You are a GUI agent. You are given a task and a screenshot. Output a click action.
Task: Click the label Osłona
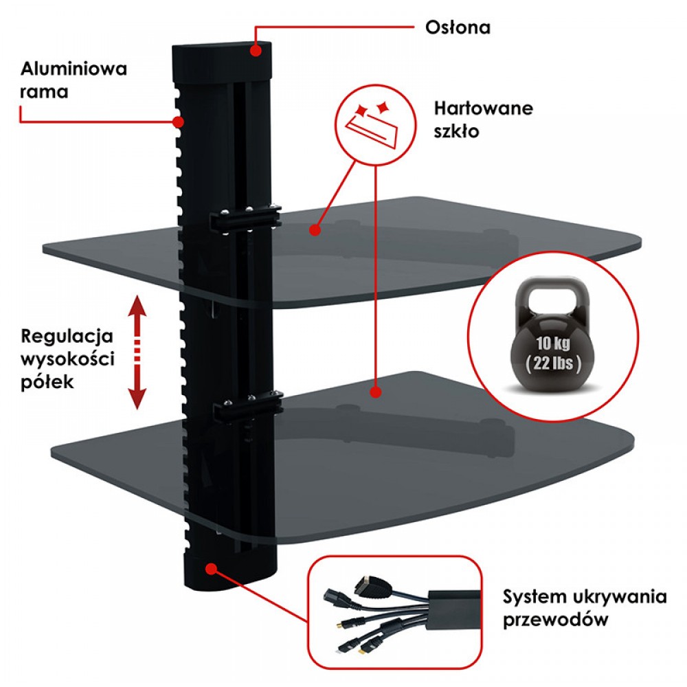tap(458, 28)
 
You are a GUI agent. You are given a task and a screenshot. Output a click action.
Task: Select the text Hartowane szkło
tap(483, 120)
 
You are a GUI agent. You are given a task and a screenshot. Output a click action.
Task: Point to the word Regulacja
tap(67, 337)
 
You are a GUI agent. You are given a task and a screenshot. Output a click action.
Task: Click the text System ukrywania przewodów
tap(584, 607)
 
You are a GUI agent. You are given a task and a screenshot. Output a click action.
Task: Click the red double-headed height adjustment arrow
tap(137, 352)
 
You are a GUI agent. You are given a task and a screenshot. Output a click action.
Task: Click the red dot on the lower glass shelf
tap(375, 392)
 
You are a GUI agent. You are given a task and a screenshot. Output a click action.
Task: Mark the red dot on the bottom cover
tap(211, 568)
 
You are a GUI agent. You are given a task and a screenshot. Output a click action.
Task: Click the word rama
tap(44, 91)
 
